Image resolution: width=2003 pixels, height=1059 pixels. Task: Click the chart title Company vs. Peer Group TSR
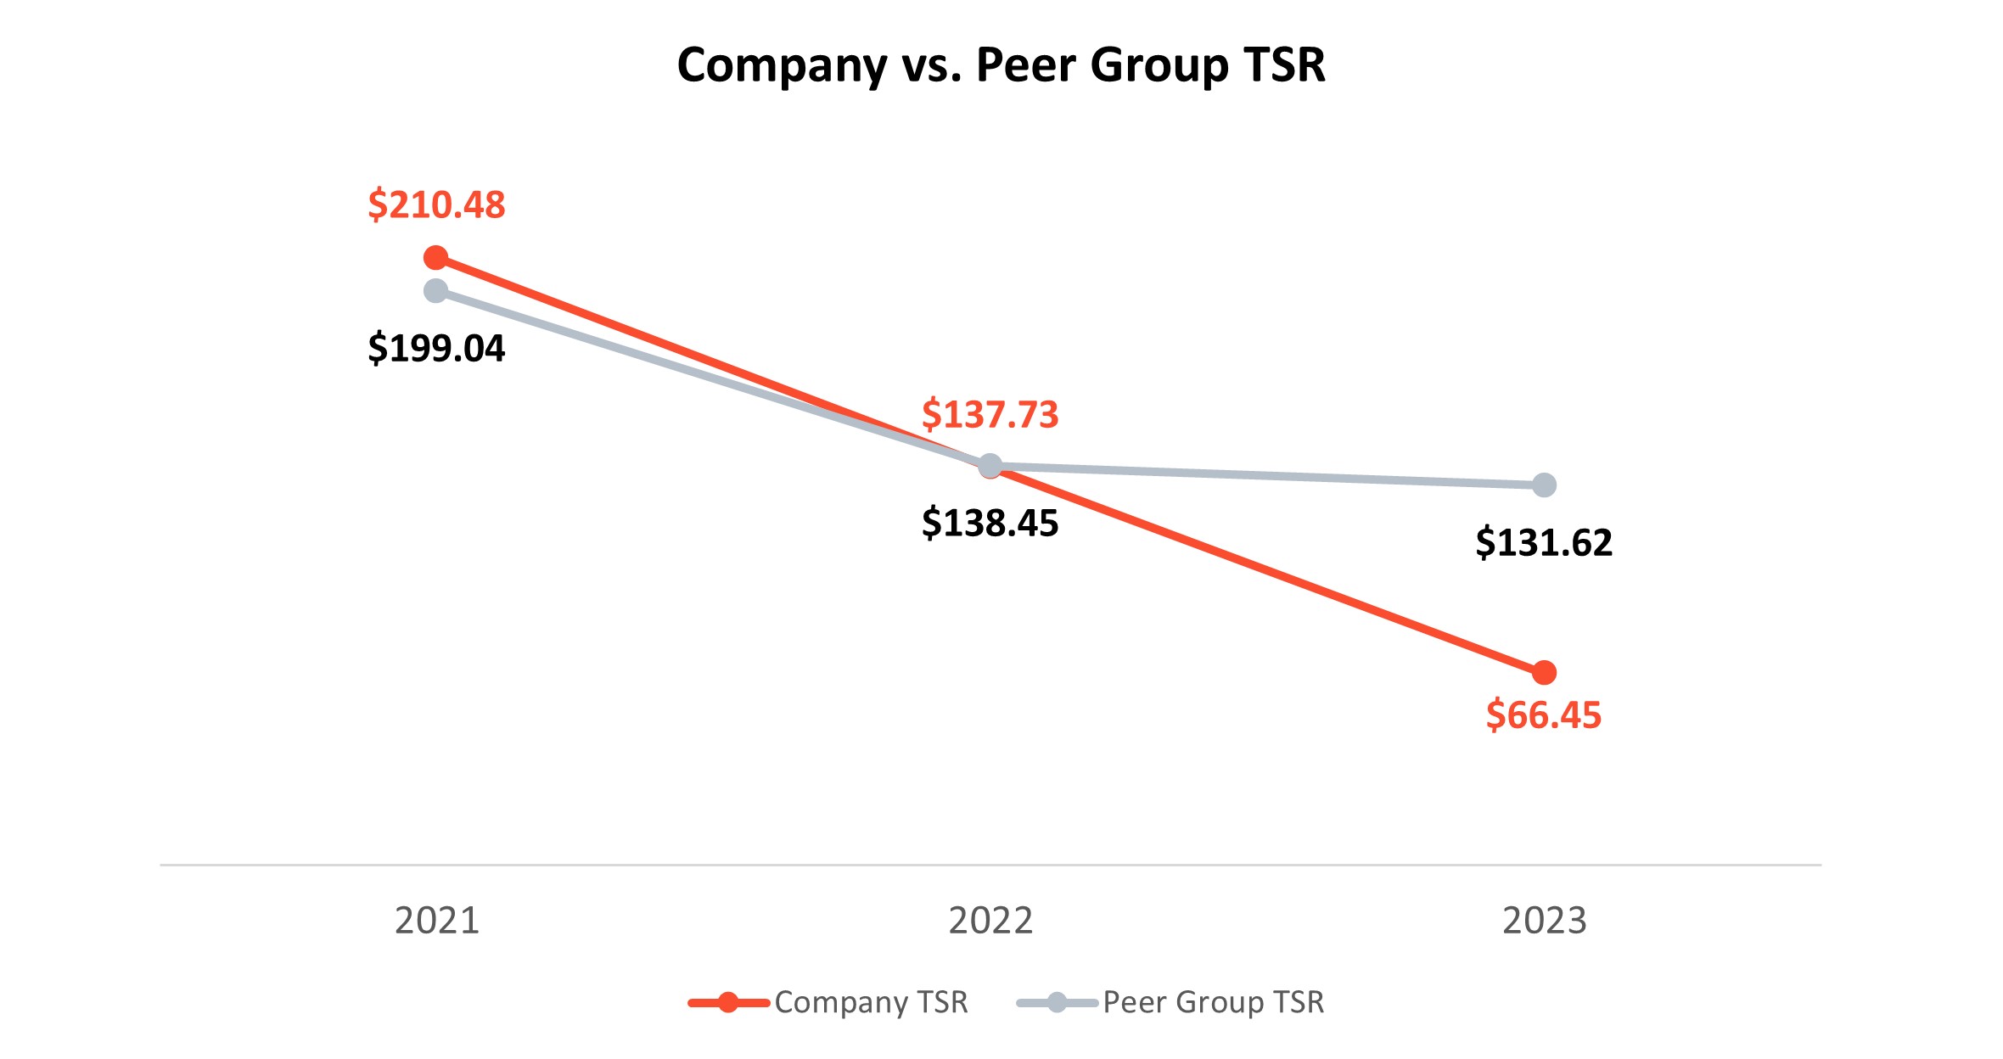pos(1001,65)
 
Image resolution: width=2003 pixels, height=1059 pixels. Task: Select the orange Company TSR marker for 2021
pos(435,258)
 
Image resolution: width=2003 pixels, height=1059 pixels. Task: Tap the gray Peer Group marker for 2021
pos(435,291)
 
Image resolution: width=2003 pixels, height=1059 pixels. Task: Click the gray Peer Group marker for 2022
pos(990,466)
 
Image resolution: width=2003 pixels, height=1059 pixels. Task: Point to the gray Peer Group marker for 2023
pos(1545,485)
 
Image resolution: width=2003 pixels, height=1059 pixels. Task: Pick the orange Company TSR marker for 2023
pos(1545,673)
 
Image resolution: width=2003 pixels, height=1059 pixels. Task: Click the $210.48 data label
pos(436,205)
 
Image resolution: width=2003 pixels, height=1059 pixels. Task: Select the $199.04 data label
pos(436,349)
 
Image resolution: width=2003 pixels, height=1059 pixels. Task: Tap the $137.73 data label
pos(990,415)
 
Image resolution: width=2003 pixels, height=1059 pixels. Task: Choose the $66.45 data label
pos(1544,715)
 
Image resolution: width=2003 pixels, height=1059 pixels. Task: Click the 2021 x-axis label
pos(436,921)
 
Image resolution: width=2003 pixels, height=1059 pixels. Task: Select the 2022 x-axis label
pos(990,921)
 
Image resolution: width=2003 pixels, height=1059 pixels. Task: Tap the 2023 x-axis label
pos(1544,921)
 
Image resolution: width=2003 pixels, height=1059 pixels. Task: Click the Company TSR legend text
pos(871,1003)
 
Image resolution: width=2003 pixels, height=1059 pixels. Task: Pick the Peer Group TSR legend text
pos(1213,1003)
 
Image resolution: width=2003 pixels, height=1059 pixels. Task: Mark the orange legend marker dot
pos(728,1003)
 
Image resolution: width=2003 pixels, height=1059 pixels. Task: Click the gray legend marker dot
pos(1057,1003)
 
